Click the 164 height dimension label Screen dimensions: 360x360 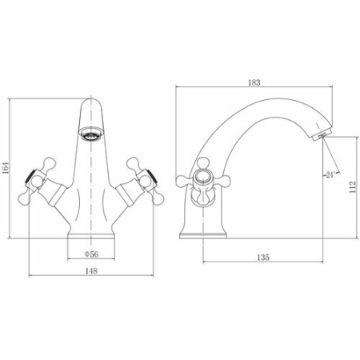[6, 168]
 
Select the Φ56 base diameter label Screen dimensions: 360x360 [91, 254]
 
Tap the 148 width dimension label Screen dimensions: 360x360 [91, 271]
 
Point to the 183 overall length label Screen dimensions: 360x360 [254, 82]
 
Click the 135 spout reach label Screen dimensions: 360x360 [263, 258]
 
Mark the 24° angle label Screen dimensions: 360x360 [330, 175]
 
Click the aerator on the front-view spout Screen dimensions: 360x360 [91, 134]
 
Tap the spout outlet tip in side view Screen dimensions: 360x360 [322, 134]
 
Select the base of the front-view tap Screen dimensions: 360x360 [91, 235]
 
